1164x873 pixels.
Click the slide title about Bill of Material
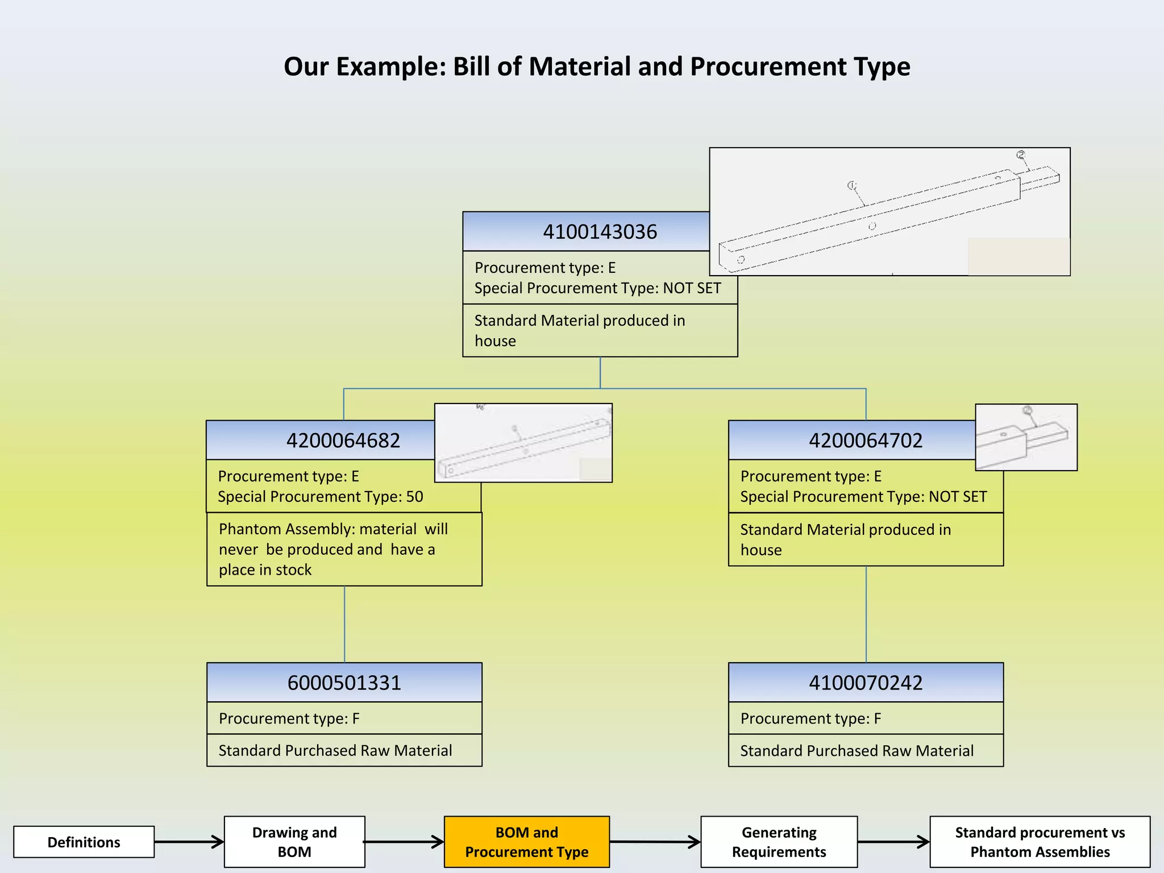point(597,66)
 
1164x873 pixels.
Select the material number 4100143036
point(600,232)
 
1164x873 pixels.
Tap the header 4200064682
point(343,440)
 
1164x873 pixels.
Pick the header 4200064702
point(865,440)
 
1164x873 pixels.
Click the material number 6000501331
point(344,683)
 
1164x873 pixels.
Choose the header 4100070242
point(865,683)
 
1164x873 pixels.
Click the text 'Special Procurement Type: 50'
point(321,497)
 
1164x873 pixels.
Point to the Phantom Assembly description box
point(344,549)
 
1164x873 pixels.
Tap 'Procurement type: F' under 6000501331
point(289,718)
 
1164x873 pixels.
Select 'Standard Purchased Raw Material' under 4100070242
point(857,751)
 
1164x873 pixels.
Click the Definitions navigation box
point(84,842)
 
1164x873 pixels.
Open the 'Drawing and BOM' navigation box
point(294,842)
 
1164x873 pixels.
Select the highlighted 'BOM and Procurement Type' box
point(526,842)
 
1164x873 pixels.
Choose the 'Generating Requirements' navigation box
point(779,842)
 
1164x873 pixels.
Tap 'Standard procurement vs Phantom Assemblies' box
point(1040,842)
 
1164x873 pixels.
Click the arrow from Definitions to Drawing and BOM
point(189,842)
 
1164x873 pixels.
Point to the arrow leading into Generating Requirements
point(655,842)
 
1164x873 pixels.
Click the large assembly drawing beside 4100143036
point(889,211)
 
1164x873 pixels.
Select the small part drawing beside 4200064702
point(1026,437)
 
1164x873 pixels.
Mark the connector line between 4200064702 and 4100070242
point(866,614)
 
